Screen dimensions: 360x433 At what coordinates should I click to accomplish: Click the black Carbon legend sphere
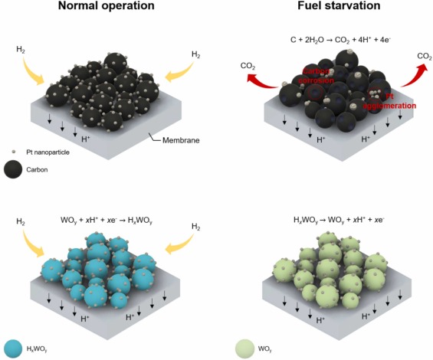pyautogui.click(x=13, y=169)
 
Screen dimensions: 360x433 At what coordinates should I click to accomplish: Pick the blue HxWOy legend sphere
pyautogui.click(x=13, y=349)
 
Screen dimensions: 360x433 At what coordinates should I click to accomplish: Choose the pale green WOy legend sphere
pyautogui.click(x=244, y=349)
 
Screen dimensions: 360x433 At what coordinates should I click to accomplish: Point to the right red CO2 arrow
pyautogui.click(x=405, y=74)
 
